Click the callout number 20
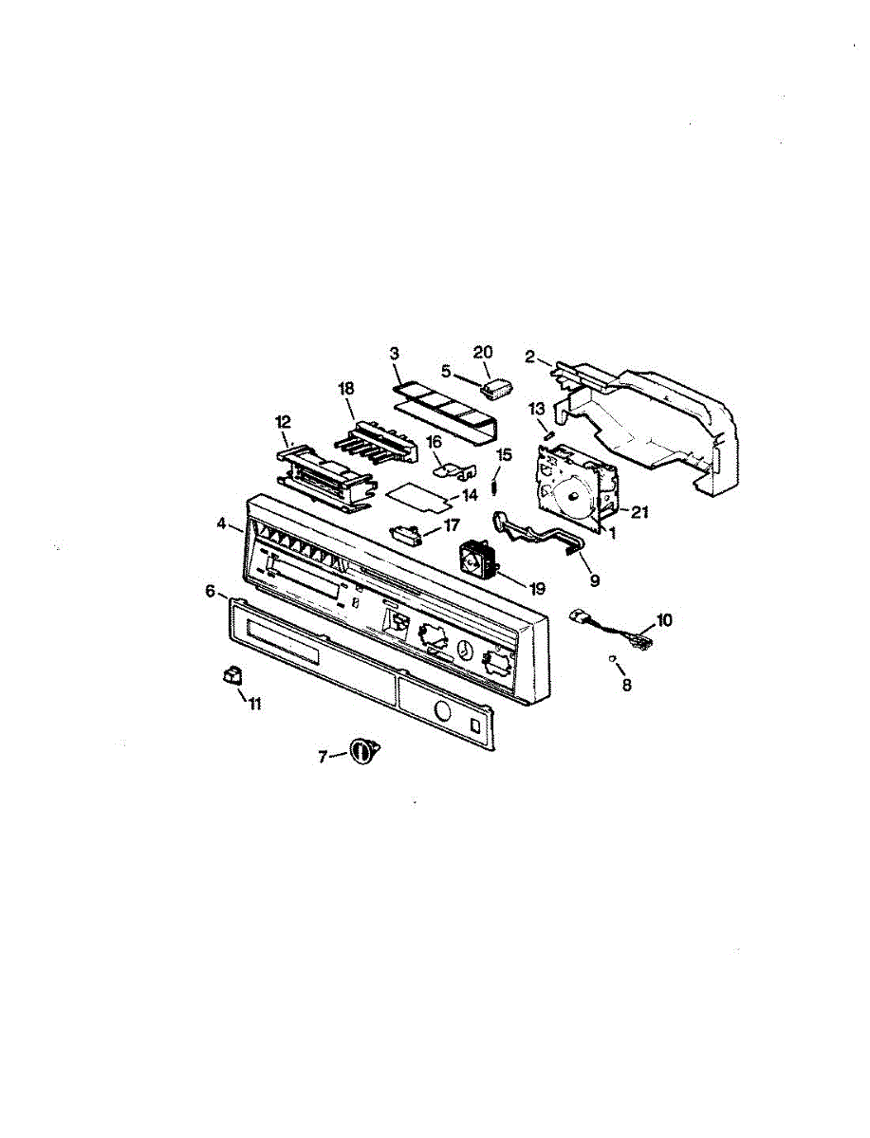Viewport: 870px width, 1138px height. [x=483, y=351]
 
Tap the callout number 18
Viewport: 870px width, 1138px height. [x=345, y=388]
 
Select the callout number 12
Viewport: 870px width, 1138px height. [x=283, y=421]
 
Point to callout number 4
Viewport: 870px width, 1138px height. [x=221, y=523]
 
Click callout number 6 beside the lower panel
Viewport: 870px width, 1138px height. [x=210, y=590]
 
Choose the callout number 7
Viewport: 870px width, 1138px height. [x=323, y=756]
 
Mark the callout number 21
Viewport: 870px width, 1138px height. [x=639, y=512]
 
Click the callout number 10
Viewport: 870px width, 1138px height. [x=663, y=619]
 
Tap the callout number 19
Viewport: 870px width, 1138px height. [x=538, y=587]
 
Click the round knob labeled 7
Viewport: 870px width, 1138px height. [x=362, y=751]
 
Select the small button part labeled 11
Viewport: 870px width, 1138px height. [x=231, y=674]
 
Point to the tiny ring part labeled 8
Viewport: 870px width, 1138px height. [x=615, y=659]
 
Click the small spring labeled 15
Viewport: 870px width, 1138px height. [x=495, y=486]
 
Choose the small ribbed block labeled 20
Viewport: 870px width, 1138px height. [x=497, y=388]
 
